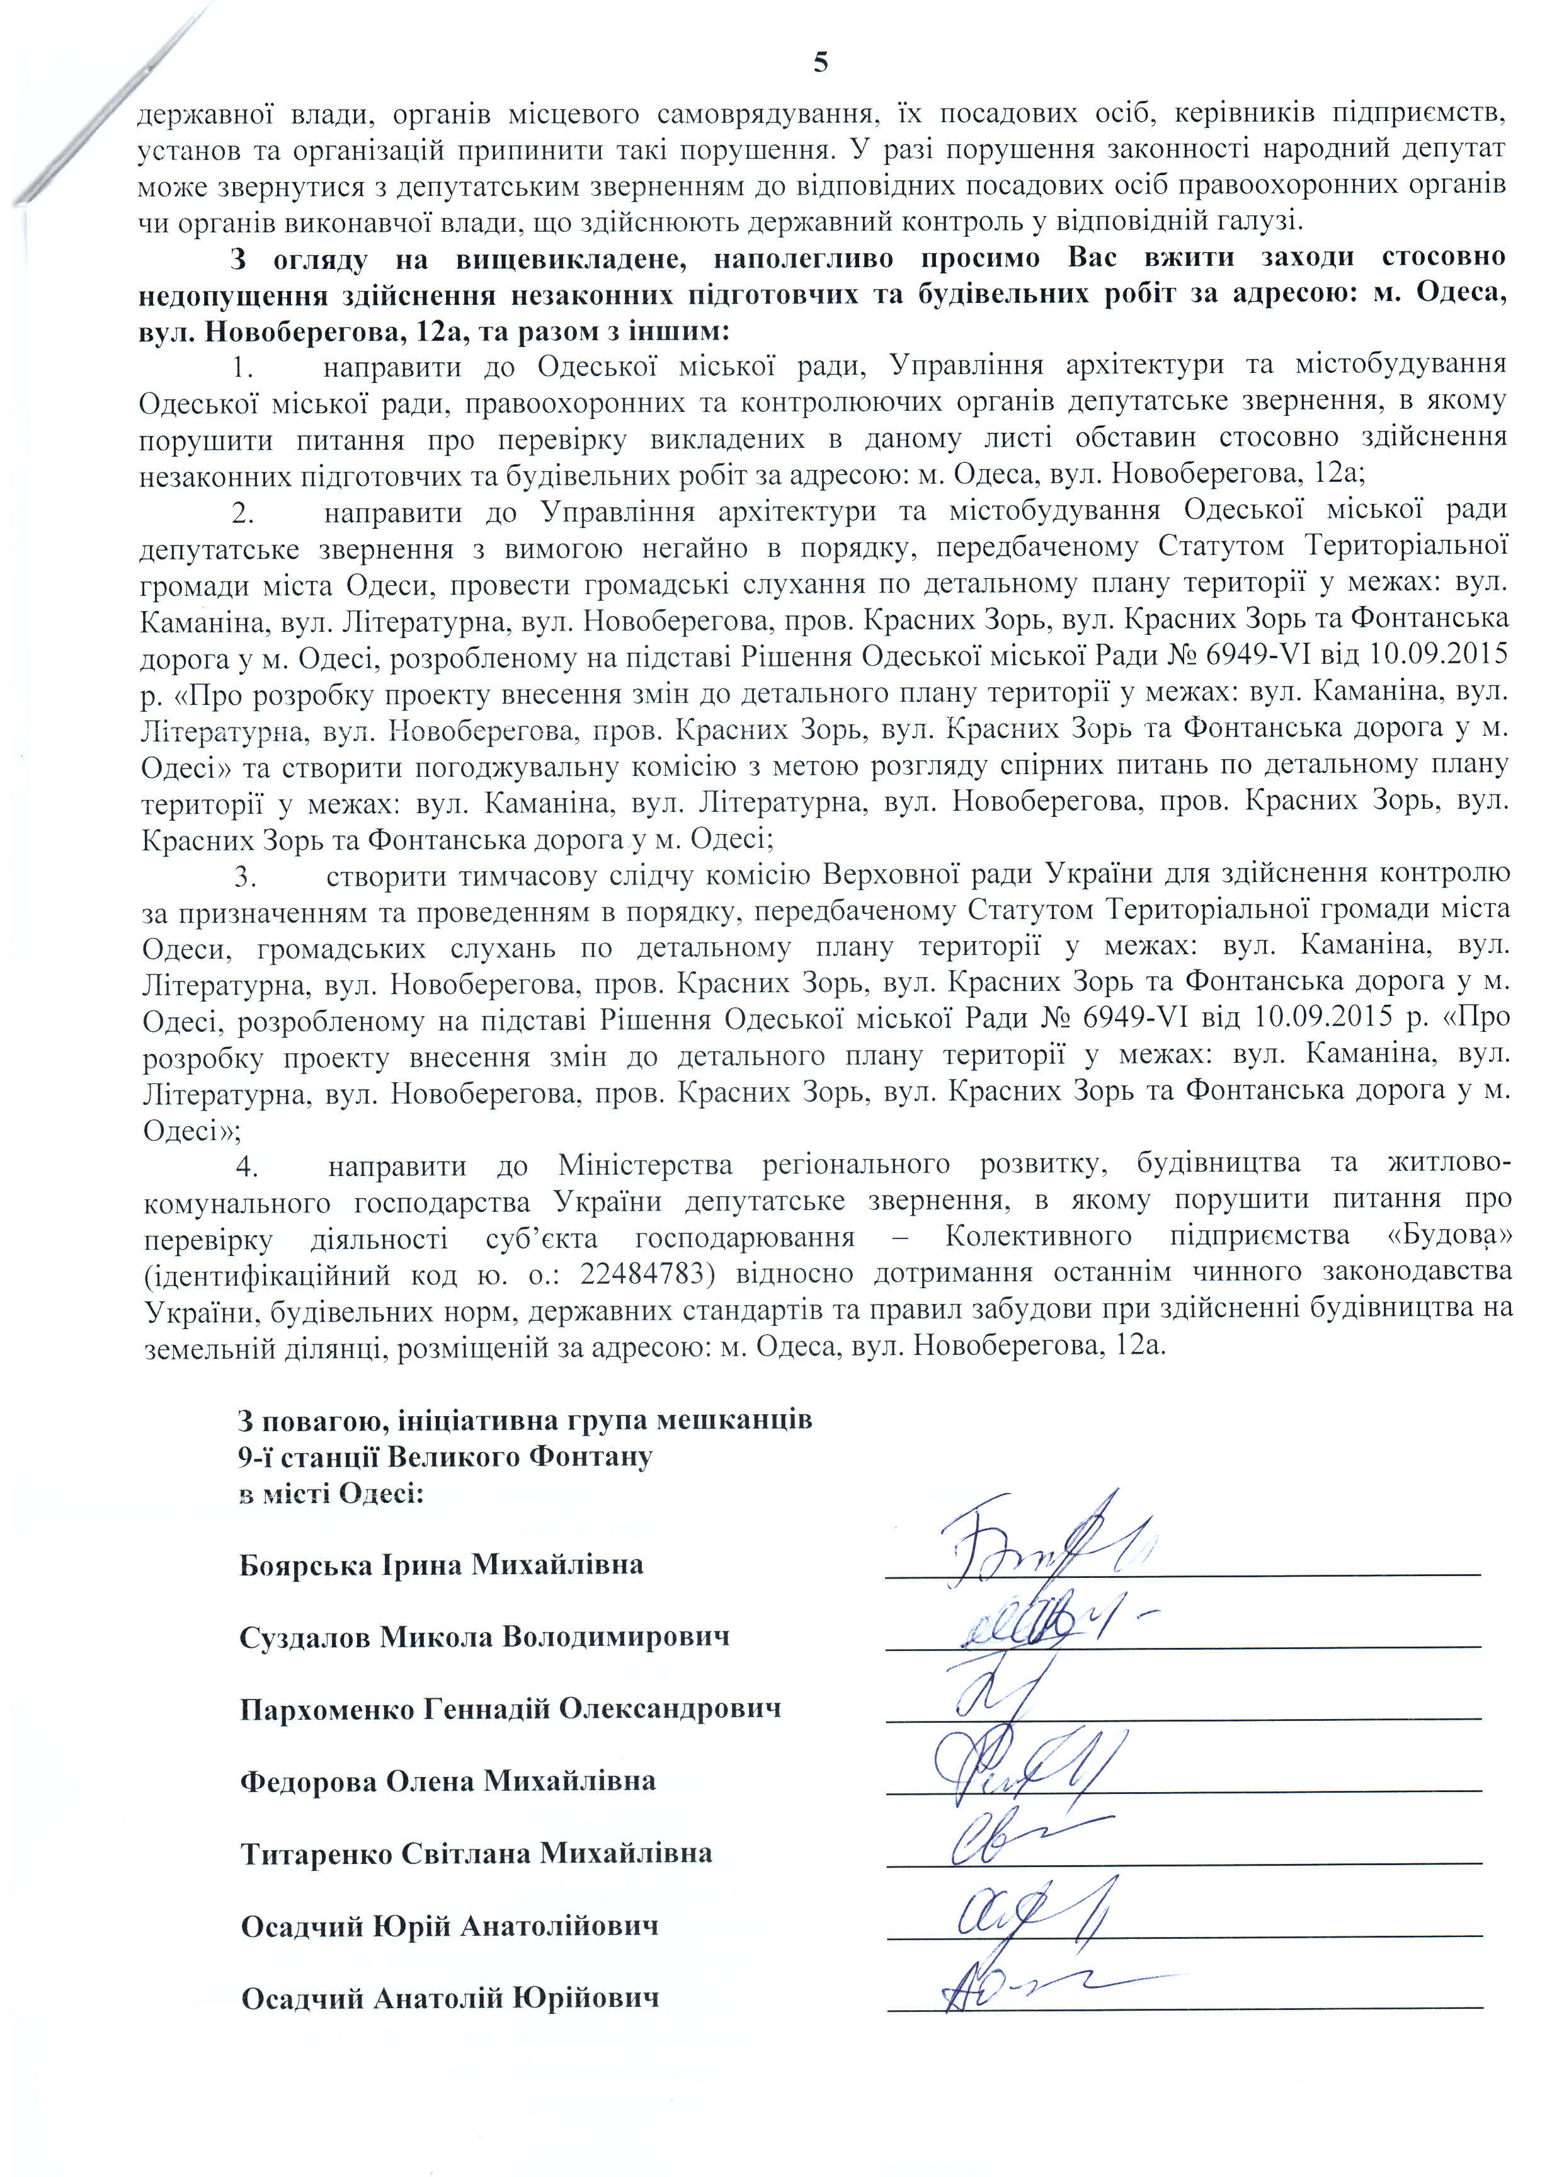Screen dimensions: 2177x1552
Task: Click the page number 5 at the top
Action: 821,63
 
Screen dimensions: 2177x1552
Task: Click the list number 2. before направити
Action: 243,513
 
